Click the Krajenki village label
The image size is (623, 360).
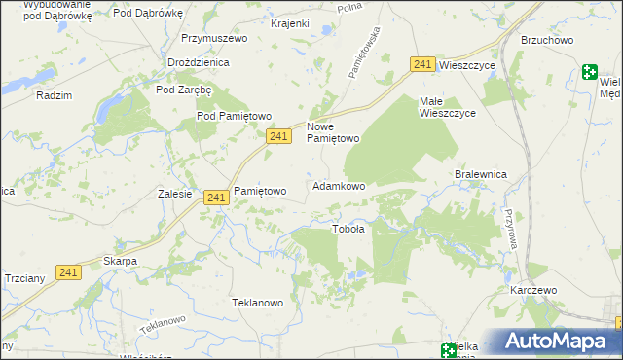pos(263,22)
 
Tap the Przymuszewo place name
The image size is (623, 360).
pos(214,38)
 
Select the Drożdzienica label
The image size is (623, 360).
pos(198,62)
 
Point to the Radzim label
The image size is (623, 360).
pos(54,95)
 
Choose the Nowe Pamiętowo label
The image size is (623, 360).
pos(334,132)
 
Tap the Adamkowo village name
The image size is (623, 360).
pos(339,185)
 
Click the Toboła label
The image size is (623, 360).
pos(348,230)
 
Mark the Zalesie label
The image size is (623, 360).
pos(174,194)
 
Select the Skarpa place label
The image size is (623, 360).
pos(120,262)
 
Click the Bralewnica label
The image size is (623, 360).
pos(482,174)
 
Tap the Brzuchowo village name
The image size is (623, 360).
pos(547,40)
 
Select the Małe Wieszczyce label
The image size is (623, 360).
pos(447,107)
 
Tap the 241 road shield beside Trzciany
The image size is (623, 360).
pos(67,272)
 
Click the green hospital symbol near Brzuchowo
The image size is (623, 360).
pos(590,71)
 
